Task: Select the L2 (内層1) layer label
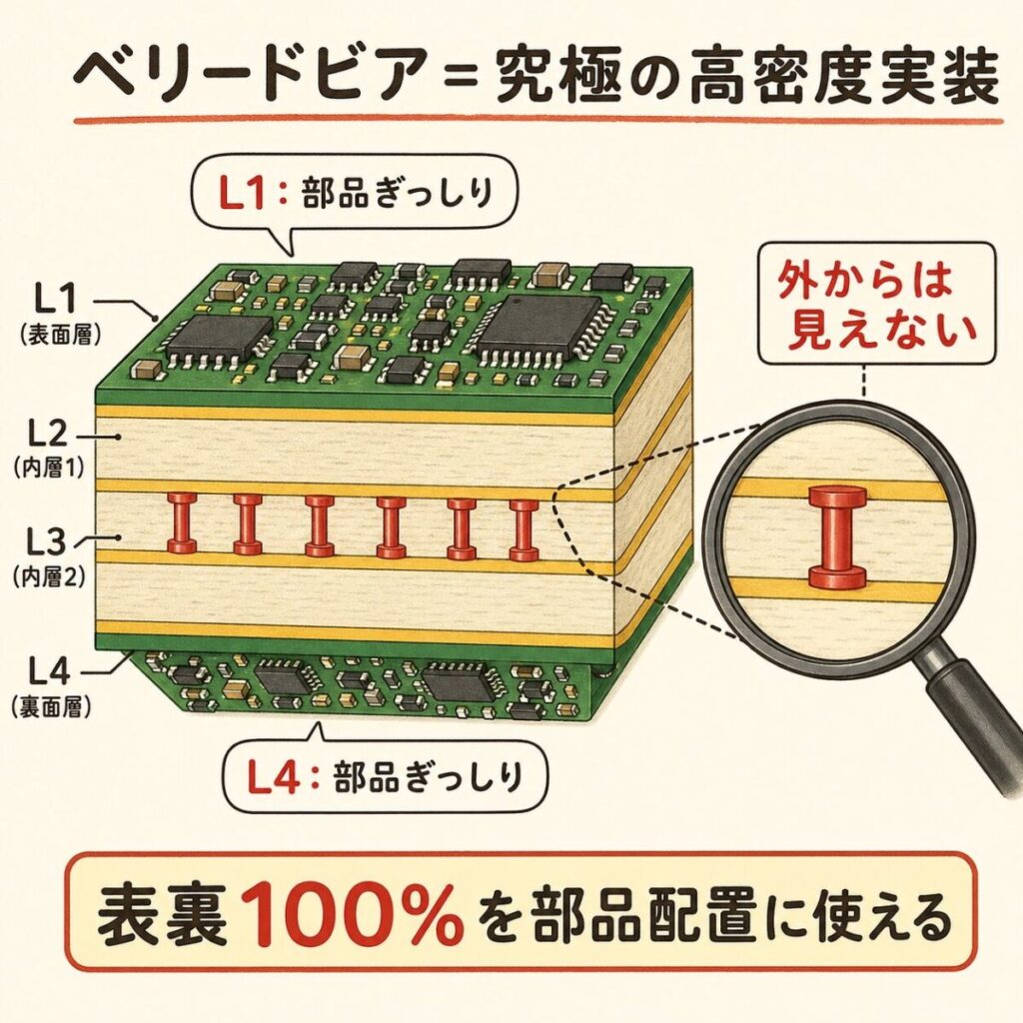point(50,448)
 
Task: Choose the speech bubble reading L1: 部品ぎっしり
point(355,195)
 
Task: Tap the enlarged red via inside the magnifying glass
point(838,536)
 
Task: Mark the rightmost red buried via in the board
point(523,529)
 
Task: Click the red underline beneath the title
point(538,121)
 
